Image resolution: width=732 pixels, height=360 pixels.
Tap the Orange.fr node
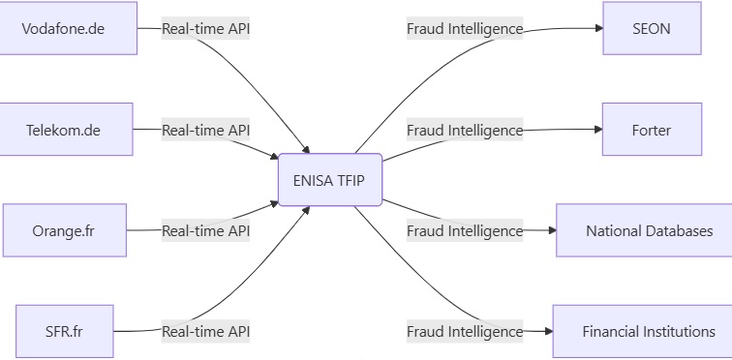(x=65, y=230)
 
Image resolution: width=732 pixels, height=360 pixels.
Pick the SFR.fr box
(x=65, y=331)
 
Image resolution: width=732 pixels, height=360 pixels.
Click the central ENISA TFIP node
(x=330, y=180)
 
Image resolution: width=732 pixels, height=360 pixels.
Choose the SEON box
(x=651, y=28)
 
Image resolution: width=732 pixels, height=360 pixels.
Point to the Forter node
(x=651, y=130)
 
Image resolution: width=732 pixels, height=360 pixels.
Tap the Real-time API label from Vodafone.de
(x=205, y=28)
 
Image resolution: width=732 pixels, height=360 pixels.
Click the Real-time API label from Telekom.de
(x=205, y=130)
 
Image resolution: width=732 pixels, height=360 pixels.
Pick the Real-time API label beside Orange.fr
(x=205, y=230)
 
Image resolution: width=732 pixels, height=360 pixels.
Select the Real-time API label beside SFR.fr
(x=205, y=331)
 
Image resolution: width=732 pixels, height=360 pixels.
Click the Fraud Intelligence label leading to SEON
(x=465, y=28)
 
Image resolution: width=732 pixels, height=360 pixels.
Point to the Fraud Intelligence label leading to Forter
(x=465, y=130)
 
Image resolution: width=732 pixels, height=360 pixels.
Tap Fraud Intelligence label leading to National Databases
(x=465, y=230)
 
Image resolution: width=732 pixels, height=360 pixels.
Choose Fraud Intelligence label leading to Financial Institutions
(x=465, y=331)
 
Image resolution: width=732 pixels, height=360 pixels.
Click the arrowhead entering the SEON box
(x=596, y=28)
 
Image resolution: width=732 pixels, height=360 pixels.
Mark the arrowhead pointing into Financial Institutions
(x=547, y=331)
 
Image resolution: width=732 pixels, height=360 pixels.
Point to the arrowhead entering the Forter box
(x=596, y=130)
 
